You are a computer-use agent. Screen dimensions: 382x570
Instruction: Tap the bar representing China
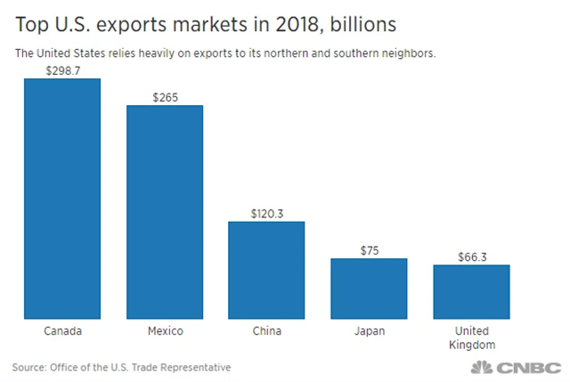(x=266, y=269)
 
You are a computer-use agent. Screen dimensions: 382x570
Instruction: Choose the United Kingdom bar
(x=471, y=291)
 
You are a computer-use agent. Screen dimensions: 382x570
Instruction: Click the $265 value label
(x=165, y=95)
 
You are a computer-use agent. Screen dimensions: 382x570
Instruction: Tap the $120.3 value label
(x=266, y=212)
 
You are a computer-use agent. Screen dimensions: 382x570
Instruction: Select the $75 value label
(x=369, y=248)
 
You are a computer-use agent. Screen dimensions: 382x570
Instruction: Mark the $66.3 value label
(x=471, y=256)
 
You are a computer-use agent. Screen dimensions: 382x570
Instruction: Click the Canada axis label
(x=62, y=332)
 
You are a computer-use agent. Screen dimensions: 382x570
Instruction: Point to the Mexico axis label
(x=165, y=332)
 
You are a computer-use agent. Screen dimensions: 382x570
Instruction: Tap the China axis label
(x=266, y=332)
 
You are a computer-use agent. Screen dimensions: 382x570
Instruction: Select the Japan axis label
(x=369, y=332)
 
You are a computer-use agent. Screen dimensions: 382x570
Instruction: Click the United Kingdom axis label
(x=471, y=338)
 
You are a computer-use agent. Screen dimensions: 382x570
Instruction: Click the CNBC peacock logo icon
(x=481, y=367)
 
